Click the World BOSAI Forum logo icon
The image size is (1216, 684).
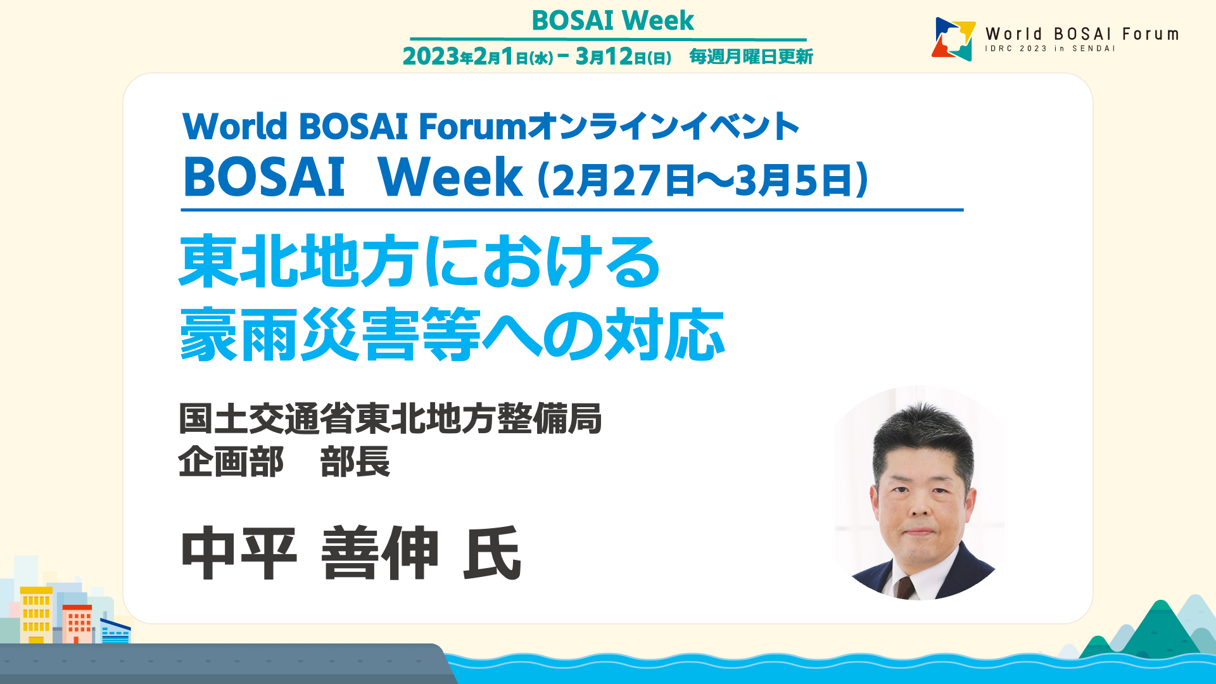953,39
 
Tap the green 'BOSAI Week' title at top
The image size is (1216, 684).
612,20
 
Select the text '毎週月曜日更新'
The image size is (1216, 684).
751,56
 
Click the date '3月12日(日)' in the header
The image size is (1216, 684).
623,56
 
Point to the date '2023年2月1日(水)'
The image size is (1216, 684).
478,56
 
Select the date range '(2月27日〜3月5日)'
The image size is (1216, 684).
702,179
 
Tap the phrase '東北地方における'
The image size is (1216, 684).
420,261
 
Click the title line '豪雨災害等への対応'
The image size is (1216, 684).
452,334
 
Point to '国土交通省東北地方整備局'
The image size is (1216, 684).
390,419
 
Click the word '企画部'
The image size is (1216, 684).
231,462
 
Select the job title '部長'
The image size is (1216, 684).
355,462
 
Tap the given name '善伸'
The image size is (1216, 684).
380,554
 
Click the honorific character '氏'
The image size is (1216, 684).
493,554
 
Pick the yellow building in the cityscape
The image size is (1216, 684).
36,614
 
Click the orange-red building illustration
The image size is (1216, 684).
77,624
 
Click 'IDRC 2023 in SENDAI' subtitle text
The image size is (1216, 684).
1049,49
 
